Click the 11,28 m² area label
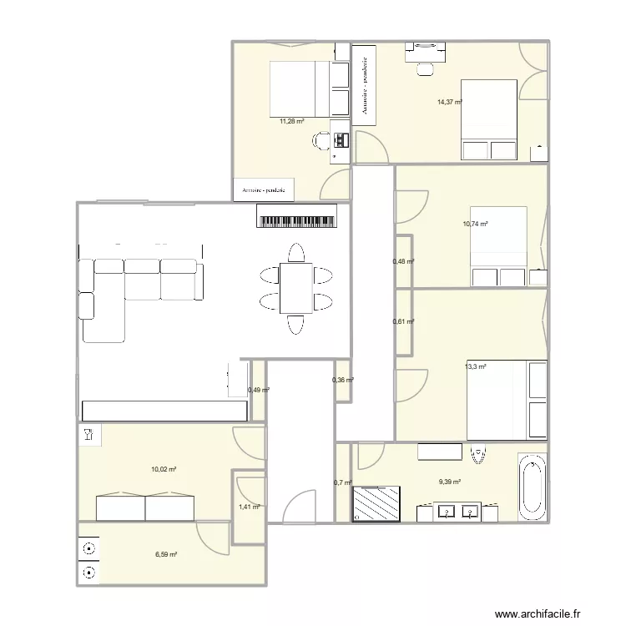click(291, 121)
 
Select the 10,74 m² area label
click(475, 224)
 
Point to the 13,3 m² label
click(476, 366)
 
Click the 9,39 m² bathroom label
click(450, 482)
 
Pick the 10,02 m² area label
click(164, 470)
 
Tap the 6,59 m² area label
click(164, 553)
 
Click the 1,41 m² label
click(250, 507)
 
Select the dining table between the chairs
click(295, 288)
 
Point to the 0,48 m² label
click(404, 262)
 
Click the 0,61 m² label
click(404, 321)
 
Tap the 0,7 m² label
click(342, 482)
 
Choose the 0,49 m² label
click(258, 390)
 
